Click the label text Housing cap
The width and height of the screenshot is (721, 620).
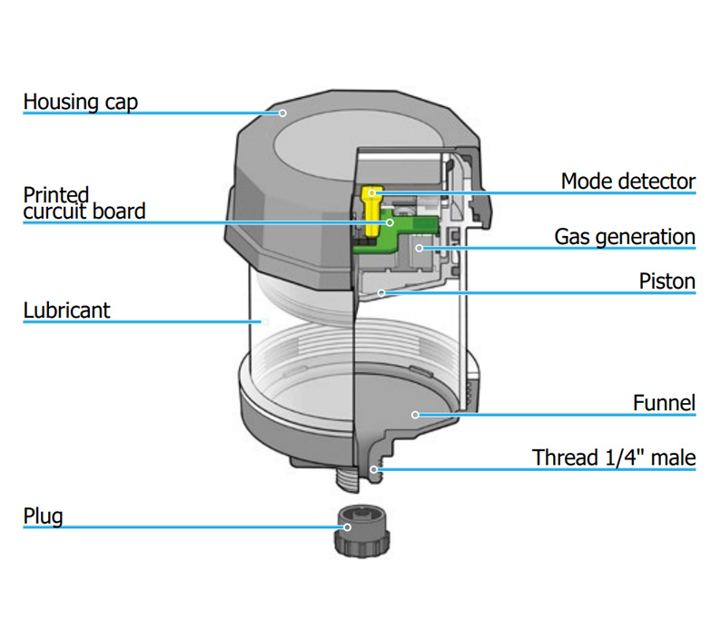pos(80,101)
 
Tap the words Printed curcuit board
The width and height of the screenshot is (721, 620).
pos(83,203)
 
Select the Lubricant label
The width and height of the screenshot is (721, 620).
pos(66,310)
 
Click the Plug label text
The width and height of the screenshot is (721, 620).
pos(43,517)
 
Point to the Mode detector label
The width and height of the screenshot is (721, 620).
pos(627,181)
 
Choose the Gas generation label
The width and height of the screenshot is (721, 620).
pos(625,237)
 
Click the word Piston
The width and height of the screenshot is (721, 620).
pos(667,281)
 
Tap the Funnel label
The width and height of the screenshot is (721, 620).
pos(664,402)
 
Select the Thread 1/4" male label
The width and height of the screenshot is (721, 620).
pos(614,457)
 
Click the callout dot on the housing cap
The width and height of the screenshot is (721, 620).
pos(282,113)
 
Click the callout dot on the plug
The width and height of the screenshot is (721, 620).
pos(347,527)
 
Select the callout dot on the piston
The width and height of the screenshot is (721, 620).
pos(383,292)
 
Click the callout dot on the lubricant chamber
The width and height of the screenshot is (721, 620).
pos(263,321)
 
